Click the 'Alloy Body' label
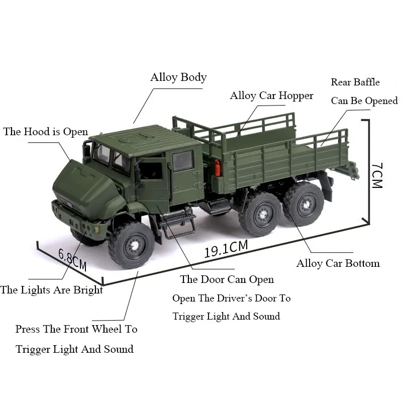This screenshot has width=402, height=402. tap(178, 77)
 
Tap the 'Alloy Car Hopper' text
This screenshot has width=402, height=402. tap(271, 95)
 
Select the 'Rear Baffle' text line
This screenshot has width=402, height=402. tap(355, 82)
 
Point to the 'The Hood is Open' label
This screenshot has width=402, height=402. tap(45, 132)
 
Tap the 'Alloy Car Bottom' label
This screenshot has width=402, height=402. tap(338, 263)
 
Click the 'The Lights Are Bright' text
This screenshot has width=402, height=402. tap(52, 290)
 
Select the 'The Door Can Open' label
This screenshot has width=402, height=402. tap(227, 279)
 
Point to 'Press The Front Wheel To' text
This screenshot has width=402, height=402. tap(76, 329)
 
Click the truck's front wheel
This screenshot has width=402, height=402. tap(132, 245)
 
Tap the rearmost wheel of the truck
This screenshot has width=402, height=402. tap(304, 203)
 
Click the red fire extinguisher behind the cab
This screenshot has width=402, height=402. tap(218, 168)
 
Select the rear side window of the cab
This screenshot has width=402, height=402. tap(182, 161)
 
